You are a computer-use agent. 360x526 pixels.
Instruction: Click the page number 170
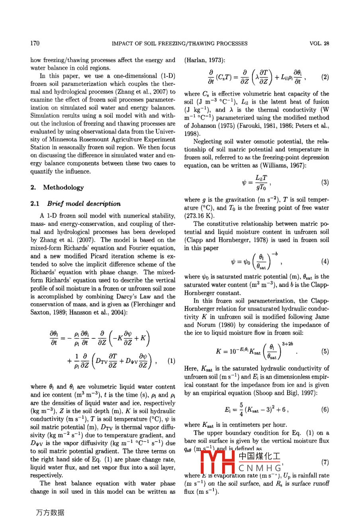(x=35, y=43)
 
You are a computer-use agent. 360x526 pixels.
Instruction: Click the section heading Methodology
(x=63, y=187)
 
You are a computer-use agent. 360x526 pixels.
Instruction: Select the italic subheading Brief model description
(x=84, y=204)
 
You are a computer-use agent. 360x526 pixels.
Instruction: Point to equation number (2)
(x=325, y=77)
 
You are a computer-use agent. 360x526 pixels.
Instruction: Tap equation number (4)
(x=325, y=261)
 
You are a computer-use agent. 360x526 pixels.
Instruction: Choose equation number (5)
(x=325, y=351)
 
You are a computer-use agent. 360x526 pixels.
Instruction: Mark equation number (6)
(x=325, y=409)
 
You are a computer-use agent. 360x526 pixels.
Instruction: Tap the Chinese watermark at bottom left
(x=50, y=512)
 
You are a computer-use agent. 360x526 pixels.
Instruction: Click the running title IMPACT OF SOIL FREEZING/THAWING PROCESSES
(x=180, y=43)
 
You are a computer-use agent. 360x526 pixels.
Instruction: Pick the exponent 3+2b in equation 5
(x=288, y=343)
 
